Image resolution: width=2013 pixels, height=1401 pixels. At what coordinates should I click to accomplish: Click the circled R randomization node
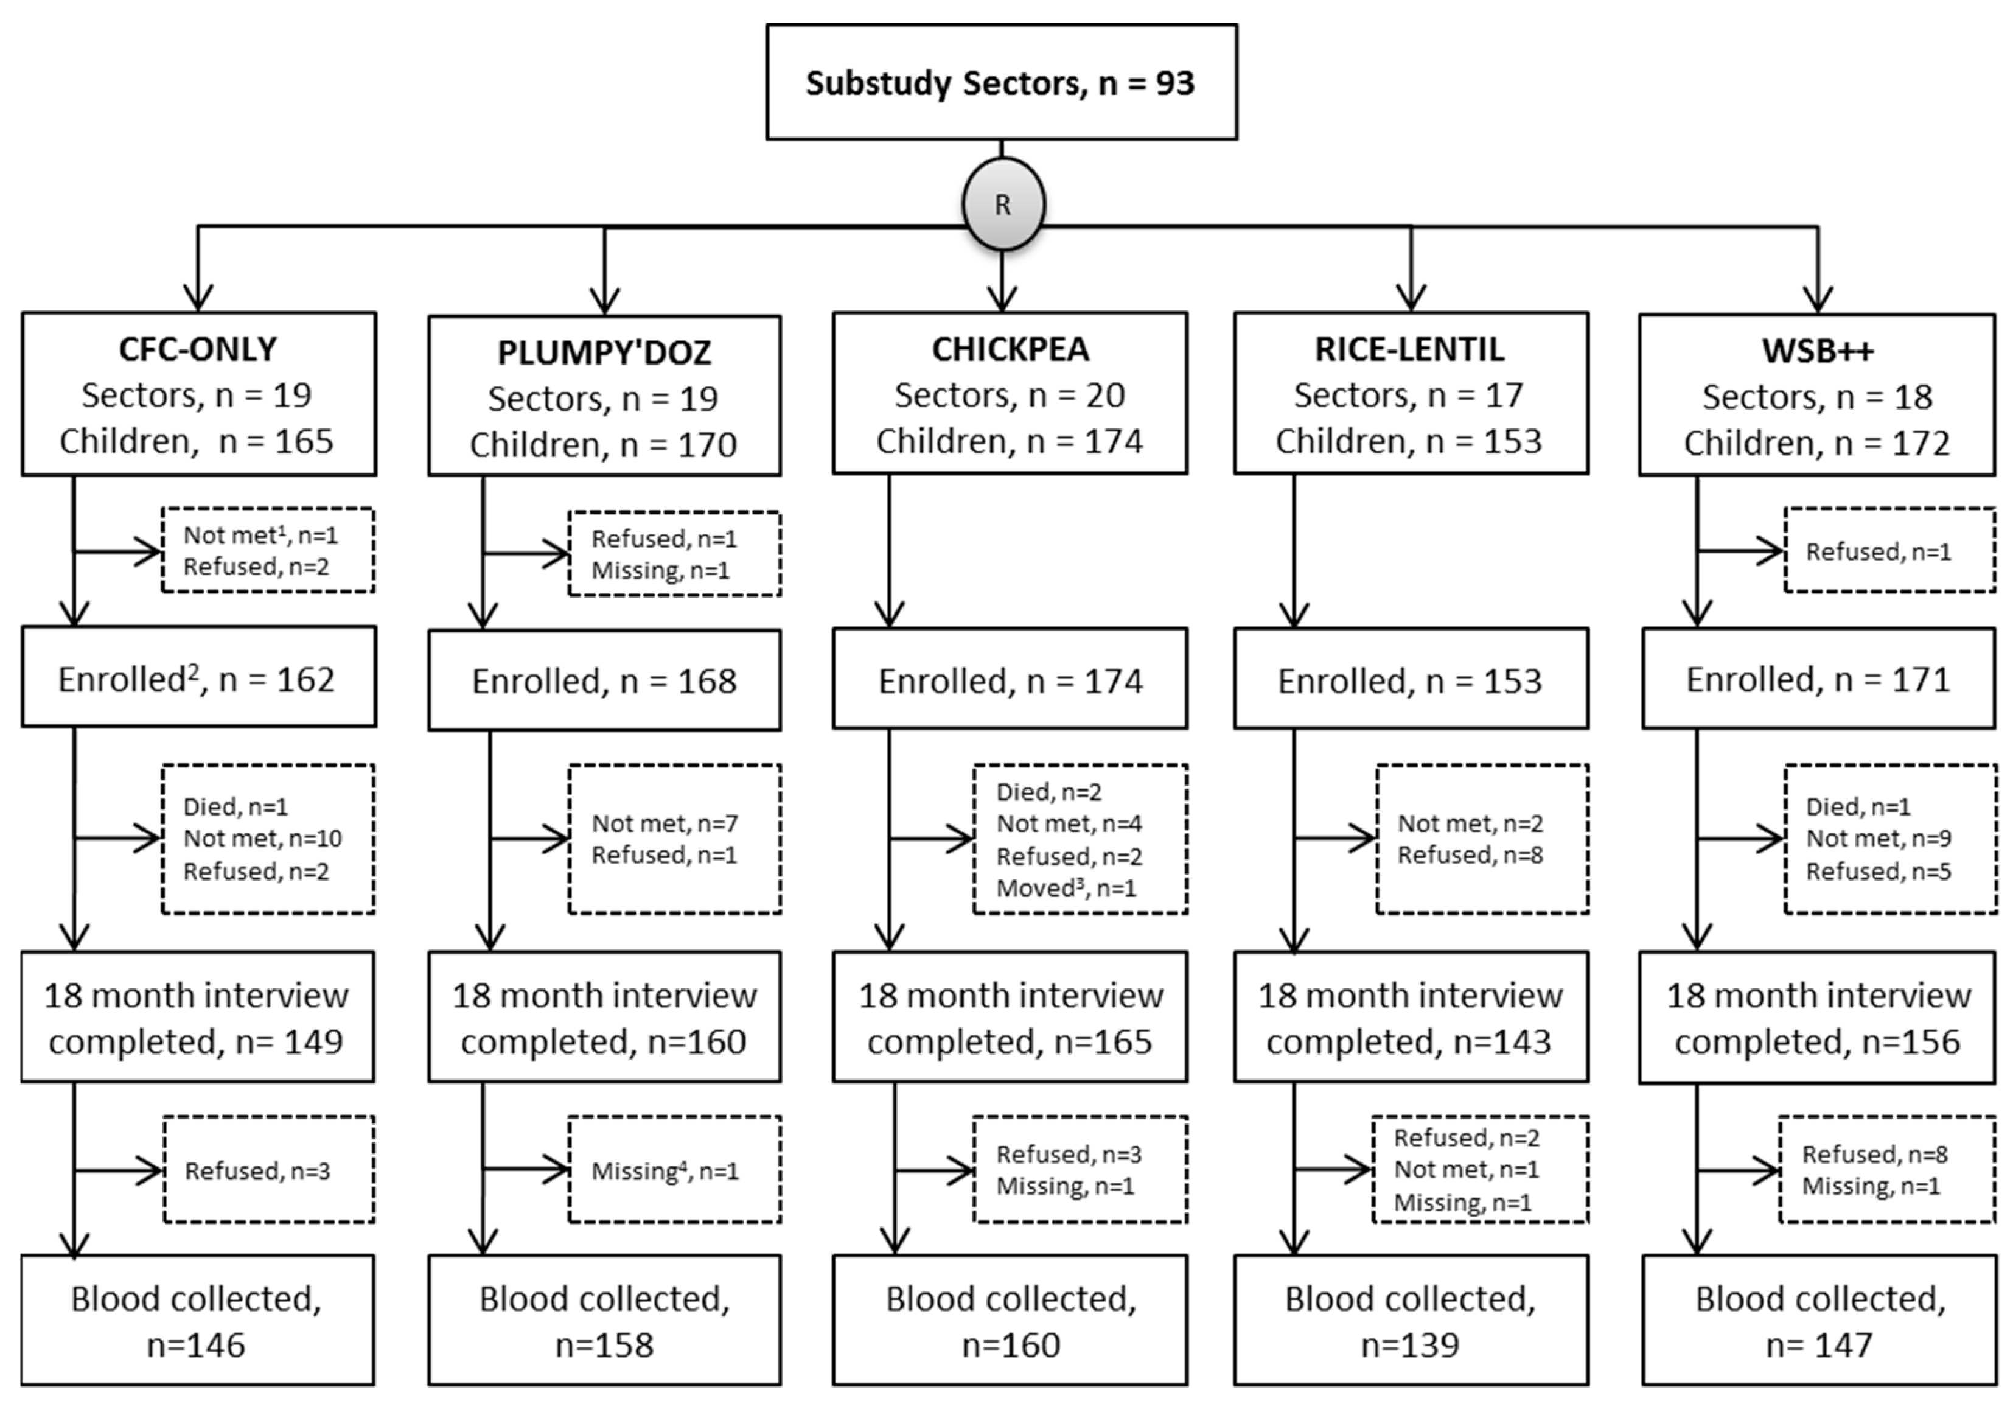tap(1003, 204)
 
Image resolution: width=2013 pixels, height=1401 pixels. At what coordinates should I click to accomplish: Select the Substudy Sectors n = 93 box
tap(1001, 82)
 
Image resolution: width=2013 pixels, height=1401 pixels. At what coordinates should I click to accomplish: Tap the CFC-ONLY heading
tap(198, 349)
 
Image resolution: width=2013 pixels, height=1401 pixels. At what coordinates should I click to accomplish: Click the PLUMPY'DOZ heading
tap(604, 352)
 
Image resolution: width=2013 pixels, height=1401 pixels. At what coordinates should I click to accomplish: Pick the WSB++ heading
tap(1818, 351)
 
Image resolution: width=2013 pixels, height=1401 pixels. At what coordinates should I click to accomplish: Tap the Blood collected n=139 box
tap(1410, 1320)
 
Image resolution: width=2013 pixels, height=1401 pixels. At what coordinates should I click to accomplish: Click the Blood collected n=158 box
tap(604, 1320)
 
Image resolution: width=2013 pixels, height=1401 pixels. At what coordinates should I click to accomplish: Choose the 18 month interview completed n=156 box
tap(1818, 1018)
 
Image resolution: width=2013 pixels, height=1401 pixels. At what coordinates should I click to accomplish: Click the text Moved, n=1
tap(1066, 888)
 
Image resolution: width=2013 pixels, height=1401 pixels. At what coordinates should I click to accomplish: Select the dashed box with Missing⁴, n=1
tap(674, 1170)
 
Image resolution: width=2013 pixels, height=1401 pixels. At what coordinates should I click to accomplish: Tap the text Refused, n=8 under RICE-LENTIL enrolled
tap(1470, 855)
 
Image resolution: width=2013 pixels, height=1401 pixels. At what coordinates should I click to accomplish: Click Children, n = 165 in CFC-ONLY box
tap(197, 441)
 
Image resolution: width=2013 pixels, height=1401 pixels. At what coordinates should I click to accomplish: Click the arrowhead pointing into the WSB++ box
tap(1818, 300)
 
